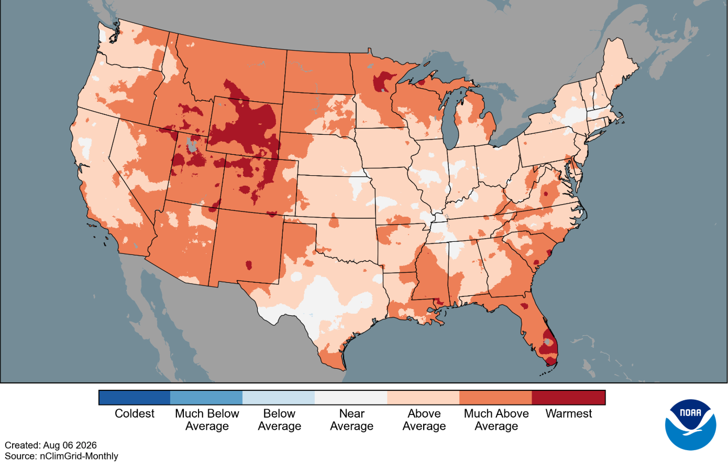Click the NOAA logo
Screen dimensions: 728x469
(691, 425)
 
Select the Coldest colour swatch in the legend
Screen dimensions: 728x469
(135, 398)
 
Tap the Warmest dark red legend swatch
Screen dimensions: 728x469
(568, 398)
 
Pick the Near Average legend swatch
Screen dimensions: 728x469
(351, 398)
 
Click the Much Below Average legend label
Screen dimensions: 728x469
(207, 420)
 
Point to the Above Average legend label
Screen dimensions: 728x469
(424, 420)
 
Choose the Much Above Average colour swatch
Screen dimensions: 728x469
(495, 398)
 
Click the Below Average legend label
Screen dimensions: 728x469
(280, 420)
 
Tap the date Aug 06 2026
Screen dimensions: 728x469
(70, 445)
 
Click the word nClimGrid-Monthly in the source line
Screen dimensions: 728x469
(79, 456)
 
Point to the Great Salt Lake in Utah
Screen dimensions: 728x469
(191, 145)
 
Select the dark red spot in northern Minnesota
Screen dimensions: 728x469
(383, 82)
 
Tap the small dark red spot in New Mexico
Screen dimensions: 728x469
(249, 264)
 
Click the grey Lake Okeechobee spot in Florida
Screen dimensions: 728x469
(548, 342)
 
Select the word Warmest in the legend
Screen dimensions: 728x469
(568, 413)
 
